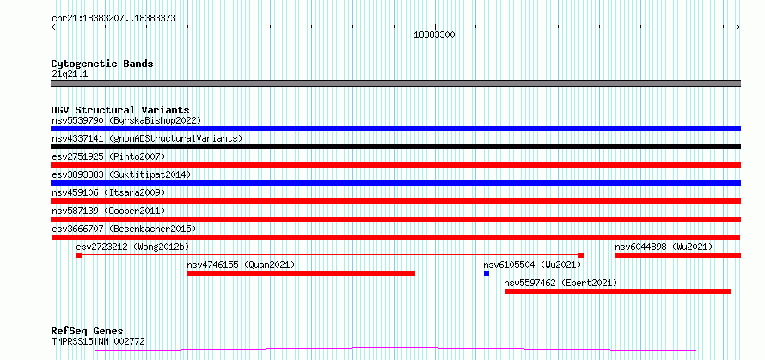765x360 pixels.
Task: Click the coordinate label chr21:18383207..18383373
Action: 113,19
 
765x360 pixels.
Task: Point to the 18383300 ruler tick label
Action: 434,34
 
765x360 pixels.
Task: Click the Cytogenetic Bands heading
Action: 102,64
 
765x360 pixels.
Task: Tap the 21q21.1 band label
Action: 70,75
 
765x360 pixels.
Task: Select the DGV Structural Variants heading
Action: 120,110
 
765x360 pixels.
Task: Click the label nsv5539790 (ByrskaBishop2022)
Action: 126,120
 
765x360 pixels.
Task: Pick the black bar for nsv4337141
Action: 395,147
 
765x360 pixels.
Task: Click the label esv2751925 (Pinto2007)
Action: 108,156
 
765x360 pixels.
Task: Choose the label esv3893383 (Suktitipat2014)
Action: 121,174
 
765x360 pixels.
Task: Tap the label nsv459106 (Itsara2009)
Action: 108,192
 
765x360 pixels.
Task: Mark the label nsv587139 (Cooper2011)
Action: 108,211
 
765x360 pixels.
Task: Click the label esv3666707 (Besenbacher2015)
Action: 124,229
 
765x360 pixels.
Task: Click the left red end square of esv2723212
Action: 79,255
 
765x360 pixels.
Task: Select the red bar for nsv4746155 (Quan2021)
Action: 301,273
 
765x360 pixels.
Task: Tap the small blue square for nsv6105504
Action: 487,273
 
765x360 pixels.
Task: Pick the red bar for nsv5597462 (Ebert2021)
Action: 618,291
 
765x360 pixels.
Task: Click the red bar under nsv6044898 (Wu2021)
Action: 678,255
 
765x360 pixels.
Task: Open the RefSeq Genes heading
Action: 87,332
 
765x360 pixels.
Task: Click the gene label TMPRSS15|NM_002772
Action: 98,341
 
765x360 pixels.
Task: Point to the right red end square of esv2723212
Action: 581,255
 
